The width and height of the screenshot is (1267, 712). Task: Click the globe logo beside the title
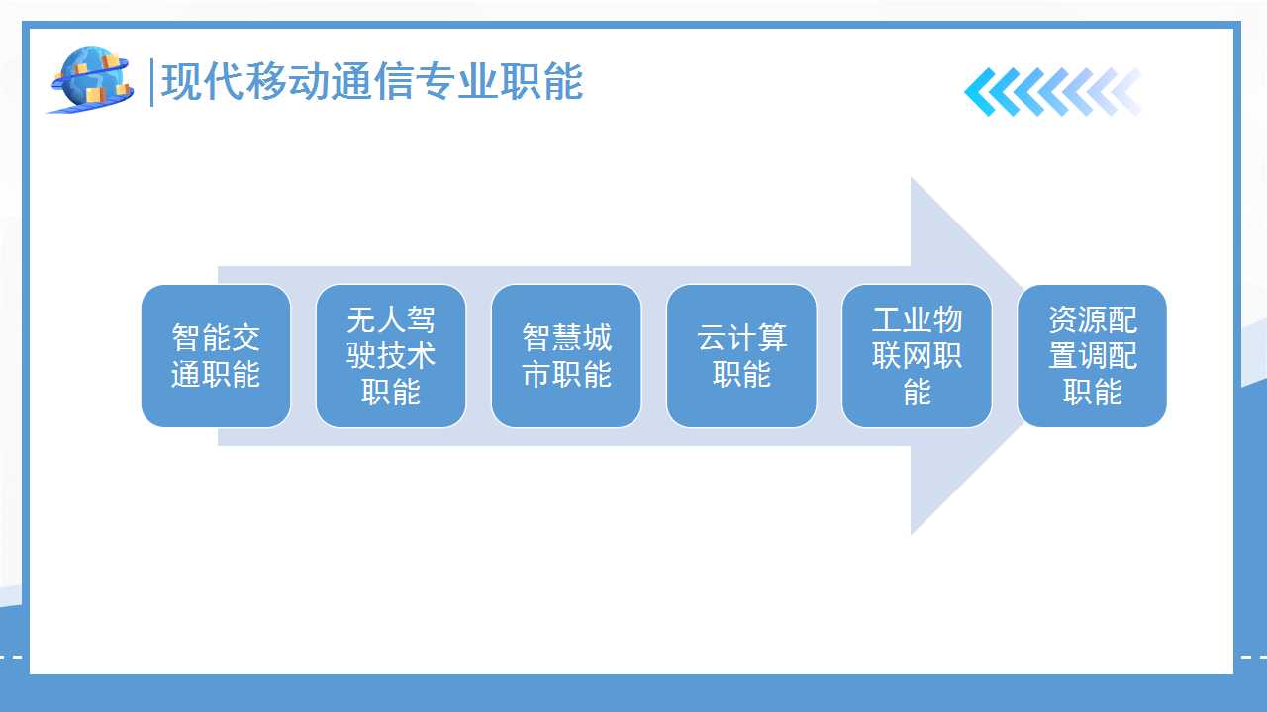pos(90,80)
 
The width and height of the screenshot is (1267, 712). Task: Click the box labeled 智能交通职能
pos(216,356)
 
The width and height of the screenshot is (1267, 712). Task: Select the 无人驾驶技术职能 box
pos(391,356)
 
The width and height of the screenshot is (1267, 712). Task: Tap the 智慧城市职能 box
pos(566,356)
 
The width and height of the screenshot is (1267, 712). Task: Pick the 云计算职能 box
pos(741,356)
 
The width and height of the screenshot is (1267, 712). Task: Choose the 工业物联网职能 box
pos(917,356)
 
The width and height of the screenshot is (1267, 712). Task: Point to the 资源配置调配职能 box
pos(1092,356)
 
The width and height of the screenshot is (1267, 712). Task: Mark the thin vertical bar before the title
pos(151,82)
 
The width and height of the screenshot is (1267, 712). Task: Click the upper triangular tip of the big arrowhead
pos(912,179)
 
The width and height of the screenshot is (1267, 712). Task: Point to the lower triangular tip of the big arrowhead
pos(912,533)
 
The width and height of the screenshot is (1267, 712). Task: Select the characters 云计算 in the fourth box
pos(741,337)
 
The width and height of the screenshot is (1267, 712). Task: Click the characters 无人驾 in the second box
pos(391,319)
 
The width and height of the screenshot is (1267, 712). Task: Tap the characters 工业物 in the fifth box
pos(917,319)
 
